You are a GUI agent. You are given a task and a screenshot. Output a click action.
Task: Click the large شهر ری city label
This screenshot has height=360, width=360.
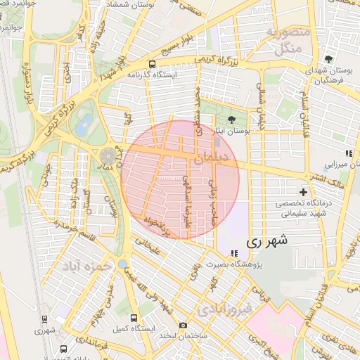point(268,242)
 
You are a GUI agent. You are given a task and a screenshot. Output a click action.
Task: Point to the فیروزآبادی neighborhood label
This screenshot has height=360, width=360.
point(223,307)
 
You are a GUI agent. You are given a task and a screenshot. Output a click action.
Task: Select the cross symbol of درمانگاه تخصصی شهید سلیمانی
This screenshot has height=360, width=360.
point(304,191)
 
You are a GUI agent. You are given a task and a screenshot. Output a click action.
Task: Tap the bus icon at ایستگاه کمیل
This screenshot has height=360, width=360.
point(134,318)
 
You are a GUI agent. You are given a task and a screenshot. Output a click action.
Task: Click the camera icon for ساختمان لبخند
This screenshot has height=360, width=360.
point(184,325)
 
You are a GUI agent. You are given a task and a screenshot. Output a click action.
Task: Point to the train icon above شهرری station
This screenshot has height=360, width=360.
point(46,318)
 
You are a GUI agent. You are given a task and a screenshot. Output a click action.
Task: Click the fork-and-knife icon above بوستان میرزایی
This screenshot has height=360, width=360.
point(348,153)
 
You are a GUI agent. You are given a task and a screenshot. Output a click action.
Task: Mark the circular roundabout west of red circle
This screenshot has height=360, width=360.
point(109,154)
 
